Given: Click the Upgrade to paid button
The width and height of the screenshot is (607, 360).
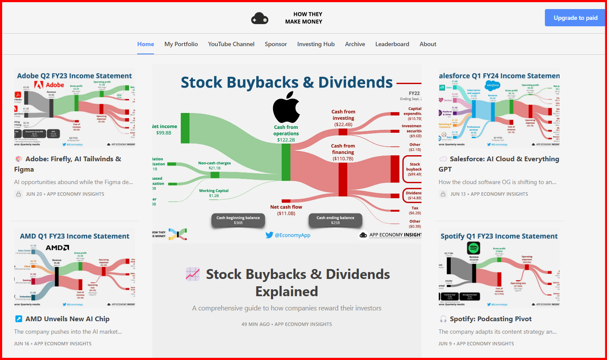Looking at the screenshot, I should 575,18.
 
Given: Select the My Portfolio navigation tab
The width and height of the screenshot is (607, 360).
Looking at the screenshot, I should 181,44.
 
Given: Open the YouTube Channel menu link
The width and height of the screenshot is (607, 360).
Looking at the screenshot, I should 231,44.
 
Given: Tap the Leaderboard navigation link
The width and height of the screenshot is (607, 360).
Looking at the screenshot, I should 392,44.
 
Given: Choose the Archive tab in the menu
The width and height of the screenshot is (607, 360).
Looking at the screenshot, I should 355,44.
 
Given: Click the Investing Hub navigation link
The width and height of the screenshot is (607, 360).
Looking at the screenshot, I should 316,44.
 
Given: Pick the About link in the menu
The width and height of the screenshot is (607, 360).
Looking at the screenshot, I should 428,44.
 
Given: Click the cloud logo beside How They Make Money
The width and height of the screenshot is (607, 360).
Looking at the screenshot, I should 260,19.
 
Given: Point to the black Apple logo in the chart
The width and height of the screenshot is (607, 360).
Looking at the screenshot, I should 286,106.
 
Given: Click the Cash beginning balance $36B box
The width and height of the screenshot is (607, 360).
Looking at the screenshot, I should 238,220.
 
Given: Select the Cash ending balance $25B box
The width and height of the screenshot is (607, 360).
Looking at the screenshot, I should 335,220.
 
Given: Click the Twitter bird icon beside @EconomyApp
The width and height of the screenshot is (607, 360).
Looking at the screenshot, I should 269,235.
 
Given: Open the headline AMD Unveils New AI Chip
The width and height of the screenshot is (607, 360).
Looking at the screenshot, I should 67,319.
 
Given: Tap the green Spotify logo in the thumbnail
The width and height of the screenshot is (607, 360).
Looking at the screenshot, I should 473,248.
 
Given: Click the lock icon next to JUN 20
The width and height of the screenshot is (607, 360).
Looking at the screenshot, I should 19,194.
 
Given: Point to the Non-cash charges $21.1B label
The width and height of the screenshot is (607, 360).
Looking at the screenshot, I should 214,166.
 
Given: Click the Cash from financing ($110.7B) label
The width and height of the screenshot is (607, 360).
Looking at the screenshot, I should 343,152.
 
